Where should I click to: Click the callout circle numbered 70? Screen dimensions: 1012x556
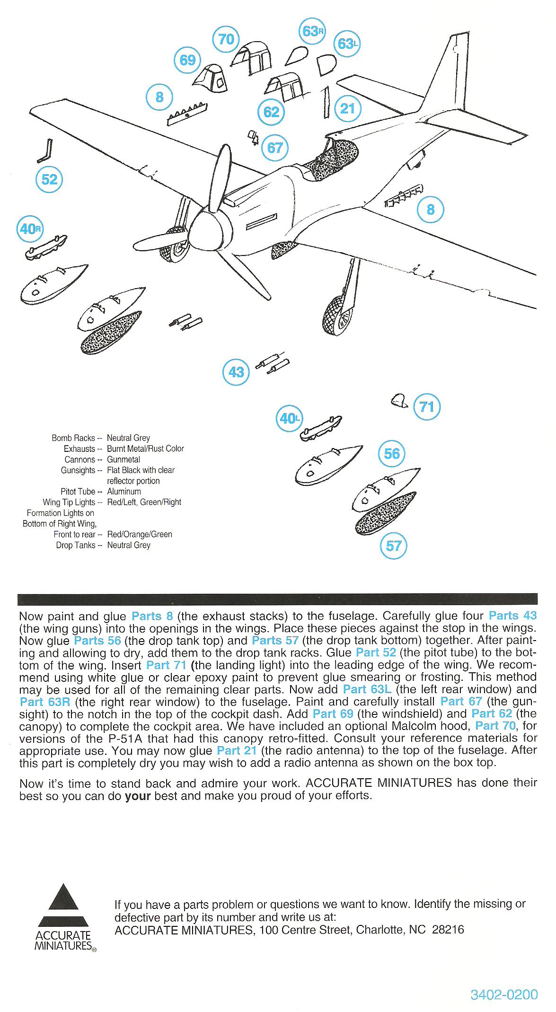[226, 39]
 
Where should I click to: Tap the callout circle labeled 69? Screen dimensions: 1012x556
[188, 60]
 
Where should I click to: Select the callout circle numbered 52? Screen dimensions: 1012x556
[49, 179]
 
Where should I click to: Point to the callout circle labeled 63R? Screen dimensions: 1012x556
[312, 31]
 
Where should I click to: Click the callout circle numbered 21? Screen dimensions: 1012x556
[347, 108]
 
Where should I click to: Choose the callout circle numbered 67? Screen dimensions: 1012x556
[275, 148]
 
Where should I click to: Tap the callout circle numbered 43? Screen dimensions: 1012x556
[236, 372]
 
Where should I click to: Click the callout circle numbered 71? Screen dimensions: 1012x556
[427, 406]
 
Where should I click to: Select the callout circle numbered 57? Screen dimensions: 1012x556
[394, 546]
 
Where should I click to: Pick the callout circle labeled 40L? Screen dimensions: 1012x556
[289, 419]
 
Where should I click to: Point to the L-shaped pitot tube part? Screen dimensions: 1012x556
[47, 150]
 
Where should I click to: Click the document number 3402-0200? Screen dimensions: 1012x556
[504, 995]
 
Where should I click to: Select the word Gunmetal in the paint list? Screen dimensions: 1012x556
[124, 459]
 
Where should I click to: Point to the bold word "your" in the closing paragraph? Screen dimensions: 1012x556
[137, 796]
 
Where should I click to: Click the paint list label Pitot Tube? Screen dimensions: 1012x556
[78, 492]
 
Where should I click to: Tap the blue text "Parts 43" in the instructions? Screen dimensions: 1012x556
[512, 616]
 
